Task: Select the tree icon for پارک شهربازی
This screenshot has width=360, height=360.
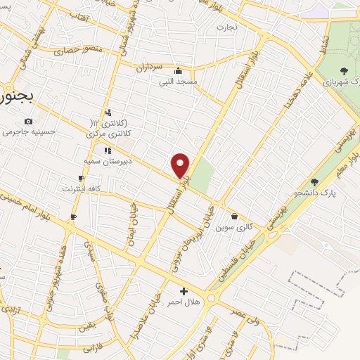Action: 344,70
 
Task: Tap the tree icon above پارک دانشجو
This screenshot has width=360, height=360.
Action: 314,182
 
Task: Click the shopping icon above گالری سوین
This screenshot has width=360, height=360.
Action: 234,217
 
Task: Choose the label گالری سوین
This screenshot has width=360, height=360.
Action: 233,227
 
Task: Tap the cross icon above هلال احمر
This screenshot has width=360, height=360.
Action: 184,291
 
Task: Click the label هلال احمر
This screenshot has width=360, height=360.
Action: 184,302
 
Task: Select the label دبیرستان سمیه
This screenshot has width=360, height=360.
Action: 108,161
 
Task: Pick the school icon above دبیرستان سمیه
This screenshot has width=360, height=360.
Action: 108,150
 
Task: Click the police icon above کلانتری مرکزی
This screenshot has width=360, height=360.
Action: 108,112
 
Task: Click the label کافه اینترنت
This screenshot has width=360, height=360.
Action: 82,189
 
